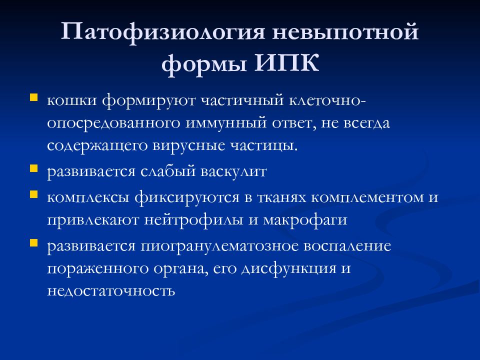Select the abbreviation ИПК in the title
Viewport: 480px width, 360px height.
284,64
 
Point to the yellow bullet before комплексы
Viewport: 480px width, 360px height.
34,193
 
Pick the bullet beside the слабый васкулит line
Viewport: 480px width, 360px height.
34,168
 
